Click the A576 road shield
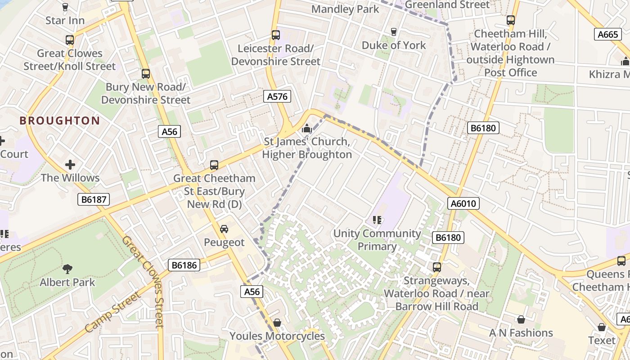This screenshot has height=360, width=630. [277, 96]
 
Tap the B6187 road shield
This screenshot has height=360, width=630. [94, 199]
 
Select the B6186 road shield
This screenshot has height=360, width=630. [184, 265]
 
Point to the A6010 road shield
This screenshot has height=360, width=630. [463, 203]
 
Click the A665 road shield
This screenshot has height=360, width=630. [607, 35]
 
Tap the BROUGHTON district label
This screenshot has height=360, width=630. [59, 121]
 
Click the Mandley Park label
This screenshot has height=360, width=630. [345, 9]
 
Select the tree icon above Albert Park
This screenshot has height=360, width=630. [67, 269]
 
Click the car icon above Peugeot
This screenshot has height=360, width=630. [224, 229]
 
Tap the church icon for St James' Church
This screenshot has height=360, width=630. [307, 129]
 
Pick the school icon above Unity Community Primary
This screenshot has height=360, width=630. [377, 220]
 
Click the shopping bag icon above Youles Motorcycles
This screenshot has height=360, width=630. [277, 323]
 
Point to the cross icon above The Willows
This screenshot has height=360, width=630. [70, 165]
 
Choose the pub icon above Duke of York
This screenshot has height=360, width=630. [394, 31]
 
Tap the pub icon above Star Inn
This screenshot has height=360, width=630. [65, 7]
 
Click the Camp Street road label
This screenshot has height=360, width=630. [113, 312]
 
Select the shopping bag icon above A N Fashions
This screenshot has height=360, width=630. [521, 319]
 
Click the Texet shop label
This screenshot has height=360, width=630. [602, 340]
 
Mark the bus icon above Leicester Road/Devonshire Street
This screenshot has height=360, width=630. [275, 35]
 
